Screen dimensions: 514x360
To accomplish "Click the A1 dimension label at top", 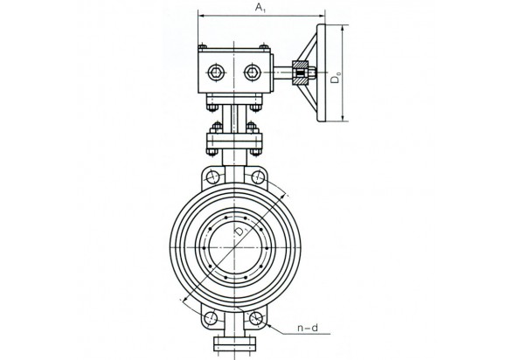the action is pos(260,8).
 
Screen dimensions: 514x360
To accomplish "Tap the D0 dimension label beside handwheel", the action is pos(336,79).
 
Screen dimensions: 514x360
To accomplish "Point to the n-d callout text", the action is pos(308,328).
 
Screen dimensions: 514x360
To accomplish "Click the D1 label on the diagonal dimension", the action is pos(241,231).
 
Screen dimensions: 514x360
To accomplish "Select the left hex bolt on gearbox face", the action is pos(217,72).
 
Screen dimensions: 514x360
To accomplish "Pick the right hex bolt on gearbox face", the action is pos(253,72).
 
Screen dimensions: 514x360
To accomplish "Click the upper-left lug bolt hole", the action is pos(212,177).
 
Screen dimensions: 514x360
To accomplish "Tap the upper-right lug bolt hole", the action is pos(258,177).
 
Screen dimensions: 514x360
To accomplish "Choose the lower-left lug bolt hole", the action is pos(210,318).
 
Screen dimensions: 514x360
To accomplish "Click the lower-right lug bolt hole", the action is pos(255,318).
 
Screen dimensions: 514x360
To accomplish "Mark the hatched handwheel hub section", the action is pos(301,73).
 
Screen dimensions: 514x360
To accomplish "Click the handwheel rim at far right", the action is pos(322,73).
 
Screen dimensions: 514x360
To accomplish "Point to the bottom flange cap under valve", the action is pos(234,343).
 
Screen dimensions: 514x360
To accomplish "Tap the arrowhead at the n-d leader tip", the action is pos(269,325).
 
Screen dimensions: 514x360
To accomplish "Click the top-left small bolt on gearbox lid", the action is pos(202,46).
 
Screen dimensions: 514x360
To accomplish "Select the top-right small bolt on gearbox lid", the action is pos(264,46).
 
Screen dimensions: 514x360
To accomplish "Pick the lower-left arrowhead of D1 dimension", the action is pos(185,298).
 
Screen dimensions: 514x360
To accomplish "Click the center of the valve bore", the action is pos(234,248).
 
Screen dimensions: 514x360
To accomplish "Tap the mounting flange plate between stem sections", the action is pos(234,141).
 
